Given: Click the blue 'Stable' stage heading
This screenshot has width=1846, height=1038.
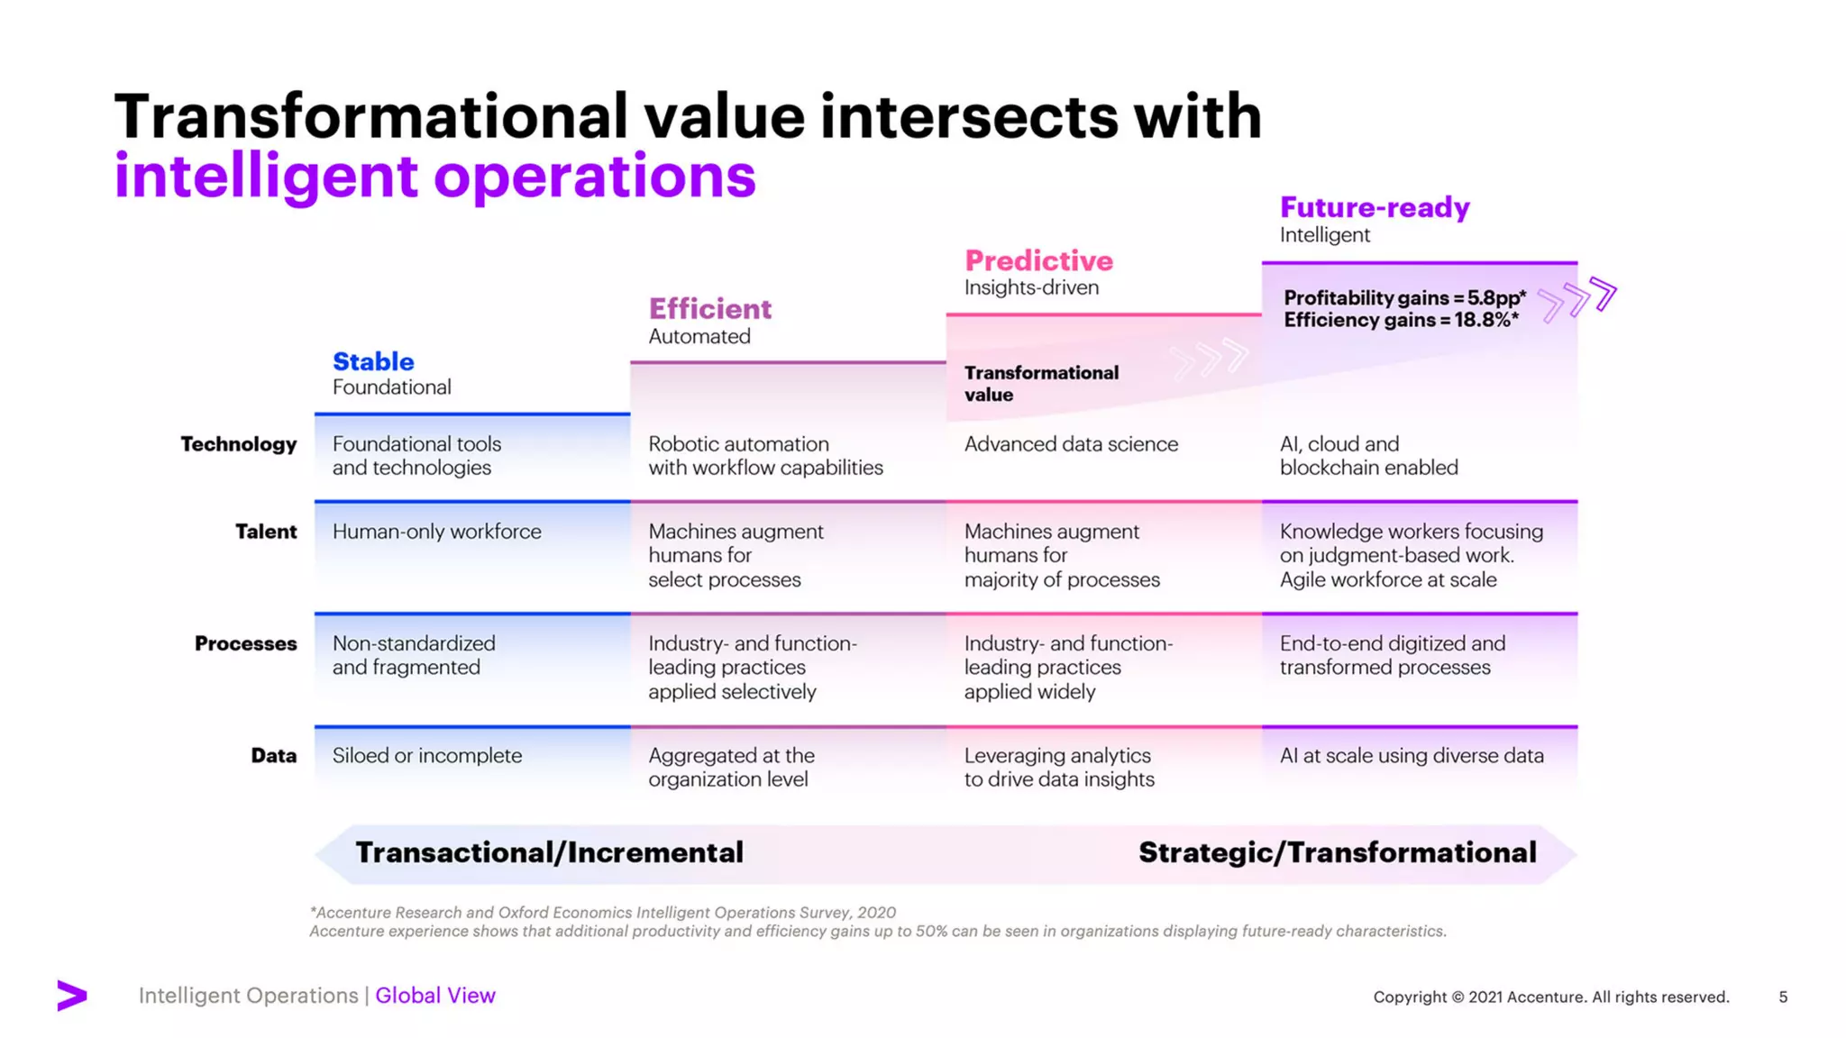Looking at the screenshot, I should (373, 361).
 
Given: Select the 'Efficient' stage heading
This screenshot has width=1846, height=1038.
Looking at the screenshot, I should (710, 309).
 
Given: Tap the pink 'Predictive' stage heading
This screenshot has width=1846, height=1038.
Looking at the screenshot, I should (1038, 260).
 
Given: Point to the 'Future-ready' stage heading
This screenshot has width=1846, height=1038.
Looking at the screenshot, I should (1375, 207).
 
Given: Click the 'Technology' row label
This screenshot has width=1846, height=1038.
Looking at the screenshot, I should (238, 444).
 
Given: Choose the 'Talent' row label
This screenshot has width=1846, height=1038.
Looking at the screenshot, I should (266, 532).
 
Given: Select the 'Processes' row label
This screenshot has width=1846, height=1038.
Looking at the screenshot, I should (245, 643).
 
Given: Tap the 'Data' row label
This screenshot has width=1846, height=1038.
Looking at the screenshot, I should (273, 755).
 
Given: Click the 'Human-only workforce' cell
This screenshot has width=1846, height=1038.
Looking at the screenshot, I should (436, 532).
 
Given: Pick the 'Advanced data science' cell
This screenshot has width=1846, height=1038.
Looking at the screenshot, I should (1071, 444).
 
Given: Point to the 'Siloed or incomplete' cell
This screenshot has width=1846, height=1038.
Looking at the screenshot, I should (426, 755).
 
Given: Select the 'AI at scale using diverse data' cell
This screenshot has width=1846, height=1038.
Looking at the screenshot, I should (1412, 755).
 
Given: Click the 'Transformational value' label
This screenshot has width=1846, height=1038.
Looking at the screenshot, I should (1040, 384).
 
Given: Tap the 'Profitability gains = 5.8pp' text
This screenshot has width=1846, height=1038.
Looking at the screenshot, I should (1404, 297).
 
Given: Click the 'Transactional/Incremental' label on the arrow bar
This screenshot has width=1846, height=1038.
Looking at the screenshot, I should (549, 852).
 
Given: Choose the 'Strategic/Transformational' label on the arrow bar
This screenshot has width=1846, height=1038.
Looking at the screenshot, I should (1337, 852).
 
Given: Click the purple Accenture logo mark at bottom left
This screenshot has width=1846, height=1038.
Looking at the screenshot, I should (72, 995).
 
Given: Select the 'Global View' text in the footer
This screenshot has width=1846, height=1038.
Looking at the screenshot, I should (435, 996).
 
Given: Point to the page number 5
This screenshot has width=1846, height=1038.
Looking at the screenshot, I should (1783, 997).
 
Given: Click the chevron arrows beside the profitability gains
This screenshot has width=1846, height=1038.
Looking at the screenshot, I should (1577, 297).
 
